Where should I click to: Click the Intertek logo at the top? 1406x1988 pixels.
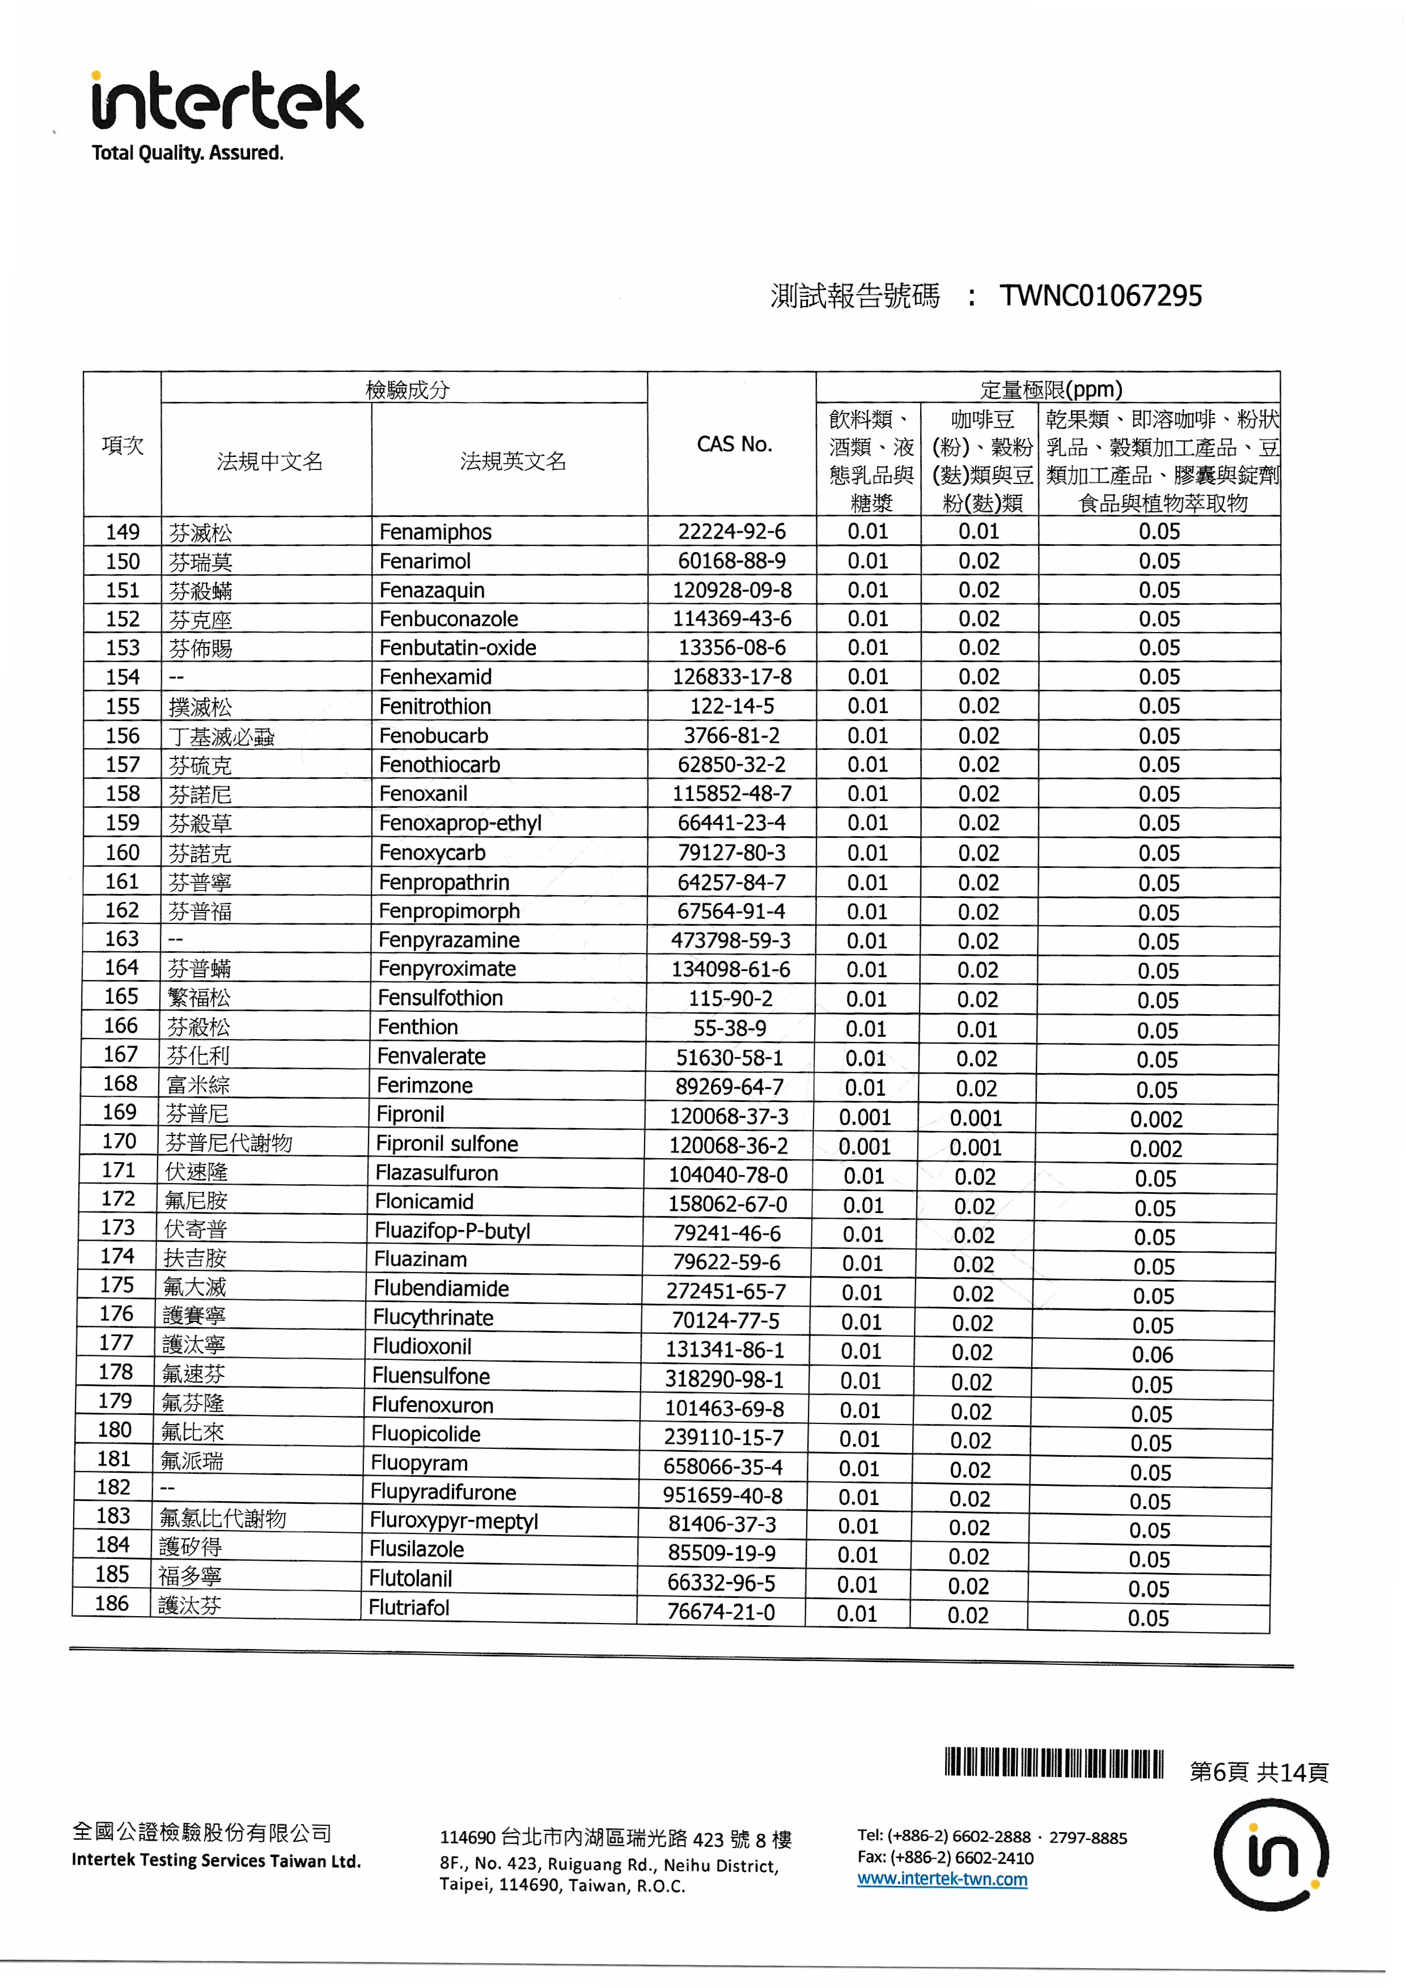pos(227,102)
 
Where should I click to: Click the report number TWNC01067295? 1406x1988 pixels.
pos(1100,296)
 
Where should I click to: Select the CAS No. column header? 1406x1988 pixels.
pos(733,445)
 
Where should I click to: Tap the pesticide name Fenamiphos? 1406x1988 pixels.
pos(435,532)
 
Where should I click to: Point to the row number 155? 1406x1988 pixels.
pos(122,706)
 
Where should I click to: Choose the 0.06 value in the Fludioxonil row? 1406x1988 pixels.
pos(1153,1355)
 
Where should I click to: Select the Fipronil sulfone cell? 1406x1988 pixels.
pos(447,1144)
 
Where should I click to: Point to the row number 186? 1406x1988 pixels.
pos(112,1604)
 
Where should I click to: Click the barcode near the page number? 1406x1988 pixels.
pos(1053,1763)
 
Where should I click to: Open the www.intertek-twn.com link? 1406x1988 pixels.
pos(942,1879)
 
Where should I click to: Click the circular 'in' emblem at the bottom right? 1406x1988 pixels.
pos(1270,1855)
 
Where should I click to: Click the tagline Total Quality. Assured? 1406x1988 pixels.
pos(188,153)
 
